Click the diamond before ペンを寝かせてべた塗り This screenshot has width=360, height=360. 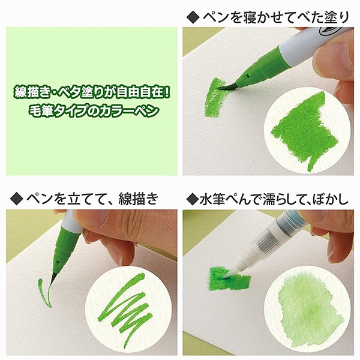coord(193,17)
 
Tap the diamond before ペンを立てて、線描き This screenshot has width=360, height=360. coord(17,199)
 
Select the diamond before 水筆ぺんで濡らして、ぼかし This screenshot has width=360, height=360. coord(193,199)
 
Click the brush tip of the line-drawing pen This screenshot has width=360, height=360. coord(53,278)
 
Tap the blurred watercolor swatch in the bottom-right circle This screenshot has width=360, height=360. coord(310,312)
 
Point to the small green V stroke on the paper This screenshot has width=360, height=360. coord(44,293)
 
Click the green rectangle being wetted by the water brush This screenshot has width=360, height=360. coord(229,278)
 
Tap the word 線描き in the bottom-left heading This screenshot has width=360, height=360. coord(138,199)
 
